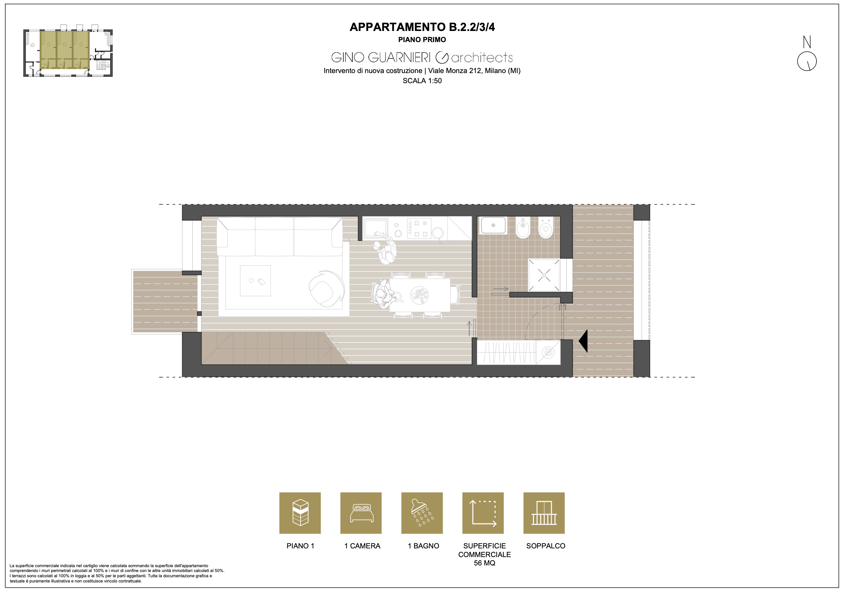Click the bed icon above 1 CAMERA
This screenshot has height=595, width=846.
click(x=361, y=514)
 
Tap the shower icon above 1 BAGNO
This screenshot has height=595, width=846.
click(x=422, y=513)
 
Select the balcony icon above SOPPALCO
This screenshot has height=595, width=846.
click(x=544, y=513)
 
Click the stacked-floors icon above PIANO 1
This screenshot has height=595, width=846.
click(x=300, y=513)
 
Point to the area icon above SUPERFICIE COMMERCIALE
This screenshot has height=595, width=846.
click(x=483, y=513)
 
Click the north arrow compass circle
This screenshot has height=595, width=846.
click(x=807, y=61)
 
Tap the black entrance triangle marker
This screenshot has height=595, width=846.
click(x=583, y=341)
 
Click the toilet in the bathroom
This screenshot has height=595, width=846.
click(x=546, y=228)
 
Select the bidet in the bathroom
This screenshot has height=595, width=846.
click(x=523, y=228)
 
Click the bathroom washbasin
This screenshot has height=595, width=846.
click(x=493, y=225)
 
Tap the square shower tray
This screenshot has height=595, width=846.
click(x=544, y=275)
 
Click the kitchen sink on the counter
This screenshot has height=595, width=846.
click(x=376, y=228)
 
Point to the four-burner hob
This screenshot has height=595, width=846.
click(x=419, y=229)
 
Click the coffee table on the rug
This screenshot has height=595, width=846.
click(x=255, y=281)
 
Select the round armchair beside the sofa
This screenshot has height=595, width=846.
click(x=326, y=289)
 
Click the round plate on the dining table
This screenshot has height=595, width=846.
click(x=420, y=295)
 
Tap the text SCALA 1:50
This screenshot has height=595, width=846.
click(x=422, y=81)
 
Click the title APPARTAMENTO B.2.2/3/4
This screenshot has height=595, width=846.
click(x=422, y=27)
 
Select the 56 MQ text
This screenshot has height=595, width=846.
click(x=485, y=563)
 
